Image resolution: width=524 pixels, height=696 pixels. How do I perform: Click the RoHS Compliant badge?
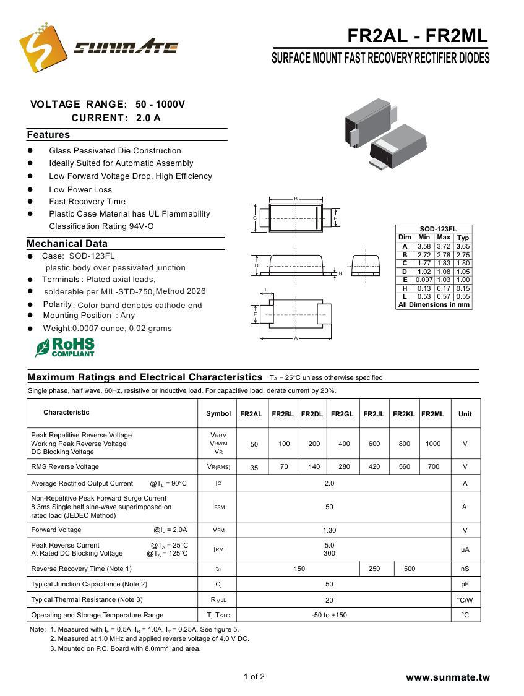point(65,347)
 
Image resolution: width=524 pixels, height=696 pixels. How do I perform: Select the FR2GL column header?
point(341,414)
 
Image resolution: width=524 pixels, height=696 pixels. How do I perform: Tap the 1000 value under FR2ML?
point(433,444)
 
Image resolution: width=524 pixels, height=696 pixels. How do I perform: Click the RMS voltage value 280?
point(344,467)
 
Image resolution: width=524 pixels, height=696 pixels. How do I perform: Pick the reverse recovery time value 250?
point(374,569)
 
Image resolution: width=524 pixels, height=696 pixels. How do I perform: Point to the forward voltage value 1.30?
point(329,530)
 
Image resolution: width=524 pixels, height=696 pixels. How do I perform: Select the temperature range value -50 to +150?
point(329,615)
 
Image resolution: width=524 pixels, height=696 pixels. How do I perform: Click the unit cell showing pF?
point(465,584)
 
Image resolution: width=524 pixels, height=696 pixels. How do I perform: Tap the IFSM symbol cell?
point(218,507)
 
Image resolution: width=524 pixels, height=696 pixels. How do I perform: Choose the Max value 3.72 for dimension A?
point(444,247)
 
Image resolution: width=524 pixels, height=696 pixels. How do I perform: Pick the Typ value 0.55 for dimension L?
point(463,297)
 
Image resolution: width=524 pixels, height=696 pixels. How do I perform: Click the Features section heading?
point(48,135)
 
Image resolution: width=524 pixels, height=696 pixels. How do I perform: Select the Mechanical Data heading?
point(67,244)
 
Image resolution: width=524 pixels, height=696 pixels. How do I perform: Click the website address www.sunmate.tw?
point(447,677)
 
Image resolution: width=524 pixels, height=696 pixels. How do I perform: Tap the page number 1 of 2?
point(254,677)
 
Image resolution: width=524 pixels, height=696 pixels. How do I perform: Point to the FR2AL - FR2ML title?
point(418,37)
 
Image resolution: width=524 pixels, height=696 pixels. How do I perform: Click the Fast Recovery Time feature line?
point(87,202)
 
